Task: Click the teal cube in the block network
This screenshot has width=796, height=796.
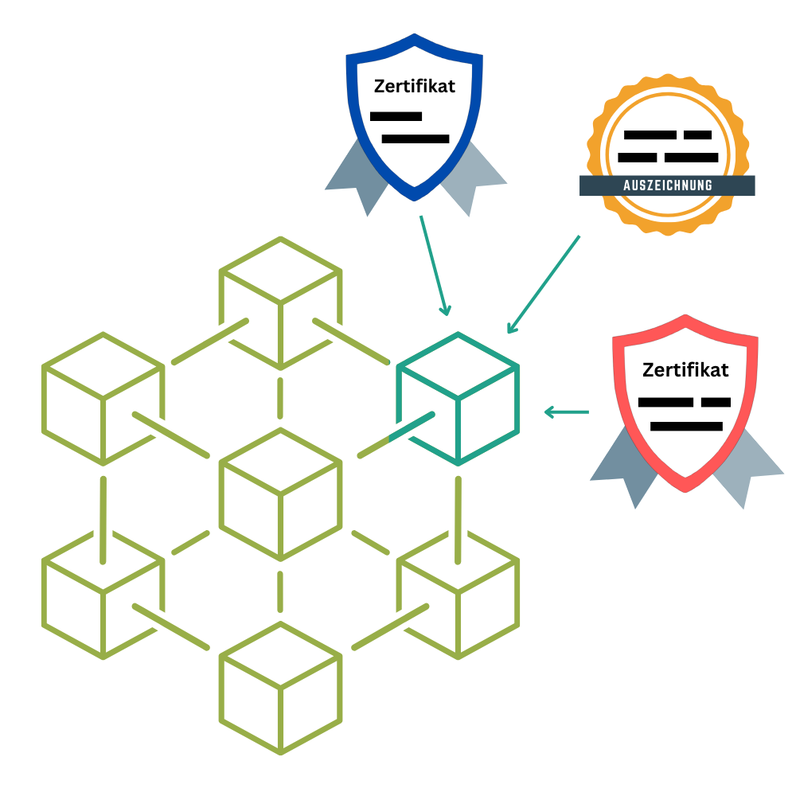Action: (x=458, y=398)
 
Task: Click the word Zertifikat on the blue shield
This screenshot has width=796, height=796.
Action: (x=415, y=86)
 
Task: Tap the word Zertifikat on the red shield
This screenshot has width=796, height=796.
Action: (x=685, y=370)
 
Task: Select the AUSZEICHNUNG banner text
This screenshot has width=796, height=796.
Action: (x=667, y=186)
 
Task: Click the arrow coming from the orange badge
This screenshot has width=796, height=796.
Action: (x=543, y=284)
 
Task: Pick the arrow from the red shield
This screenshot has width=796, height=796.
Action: (x=566, y=412)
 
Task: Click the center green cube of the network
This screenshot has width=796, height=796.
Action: (x=280, y=494)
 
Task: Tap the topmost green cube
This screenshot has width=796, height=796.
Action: (x=280, y=302)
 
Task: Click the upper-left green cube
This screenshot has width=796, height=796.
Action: (x=103, y=398)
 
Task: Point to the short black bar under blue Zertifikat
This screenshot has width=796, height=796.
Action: (x=396, y=116)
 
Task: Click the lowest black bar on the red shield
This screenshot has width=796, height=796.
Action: (x=686, y=427)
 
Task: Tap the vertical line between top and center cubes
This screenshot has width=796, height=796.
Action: (x=280, y=398)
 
